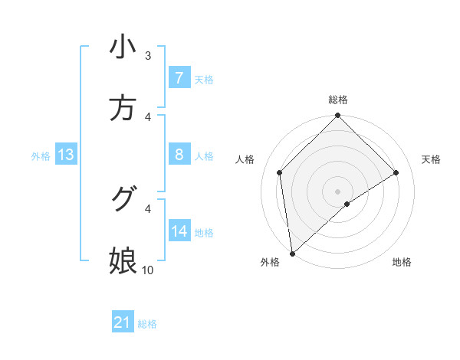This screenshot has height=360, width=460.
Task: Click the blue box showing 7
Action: click(x=179, y=78)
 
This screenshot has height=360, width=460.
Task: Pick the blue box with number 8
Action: click(x=179, y=155)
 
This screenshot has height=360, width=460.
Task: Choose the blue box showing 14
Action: click(x=179, y=231)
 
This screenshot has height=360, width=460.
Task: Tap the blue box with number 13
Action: click(x=66, y=155)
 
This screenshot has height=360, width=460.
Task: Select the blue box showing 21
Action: click(x=123, y=322)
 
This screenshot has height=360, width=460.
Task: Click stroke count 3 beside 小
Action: click(x=148, y=56)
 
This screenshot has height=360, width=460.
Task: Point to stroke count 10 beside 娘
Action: click(x=148, y=270)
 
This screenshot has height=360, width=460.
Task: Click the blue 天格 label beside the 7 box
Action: click(x=204, y=79)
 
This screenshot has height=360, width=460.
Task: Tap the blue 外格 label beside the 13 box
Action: click(x=41, y=155)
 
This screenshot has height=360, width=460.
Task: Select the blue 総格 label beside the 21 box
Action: click(x=147, y=323)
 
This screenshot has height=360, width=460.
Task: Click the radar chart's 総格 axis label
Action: click(x=338, y=100)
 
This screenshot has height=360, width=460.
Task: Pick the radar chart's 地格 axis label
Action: click(x=402, y=262)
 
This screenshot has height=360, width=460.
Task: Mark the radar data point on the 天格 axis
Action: click(x=396, y=172)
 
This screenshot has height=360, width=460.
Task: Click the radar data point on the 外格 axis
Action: click(x=292, y=254)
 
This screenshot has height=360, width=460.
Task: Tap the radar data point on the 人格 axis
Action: click(x=280, y=172)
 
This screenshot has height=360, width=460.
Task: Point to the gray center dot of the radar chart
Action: click(x=338, y=191)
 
